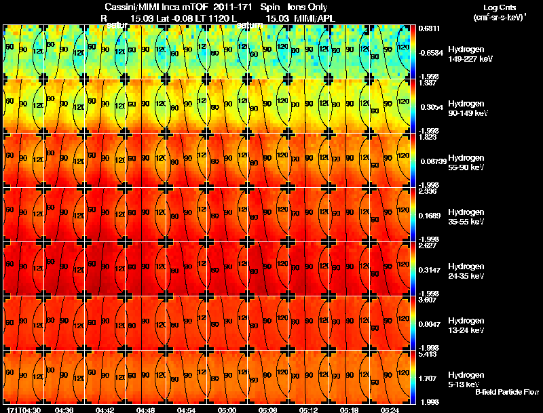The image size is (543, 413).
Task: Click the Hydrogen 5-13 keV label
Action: tap(466, 379)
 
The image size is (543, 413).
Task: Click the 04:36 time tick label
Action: tap(64, 410)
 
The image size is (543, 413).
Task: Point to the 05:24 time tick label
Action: tap(390, 410)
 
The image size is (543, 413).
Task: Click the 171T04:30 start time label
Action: tap(22, 410)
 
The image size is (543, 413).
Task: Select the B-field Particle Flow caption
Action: tap(507, 392)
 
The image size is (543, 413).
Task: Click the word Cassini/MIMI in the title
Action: tap(132, 7)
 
